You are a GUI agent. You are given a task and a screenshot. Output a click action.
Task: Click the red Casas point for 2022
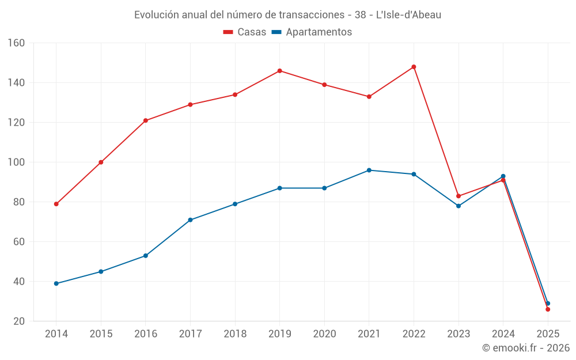(414, 67)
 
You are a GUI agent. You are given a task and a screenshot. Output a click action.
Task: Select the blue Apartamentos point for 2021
(369, 170)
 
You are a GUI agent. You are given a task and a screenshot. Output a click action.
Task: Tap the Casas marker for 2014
(56, 204)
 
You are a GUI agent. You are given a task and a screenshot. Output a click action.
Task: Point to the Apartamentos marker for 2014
(56, 283)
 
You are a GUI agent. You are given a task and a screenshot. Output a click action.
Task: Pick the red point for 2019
(280, 71)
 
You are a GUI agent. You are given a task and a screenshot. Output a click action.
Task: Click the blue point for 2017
(190, 220)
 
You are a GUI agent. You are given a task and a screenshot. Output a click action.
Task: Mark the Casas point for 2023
(458, 196)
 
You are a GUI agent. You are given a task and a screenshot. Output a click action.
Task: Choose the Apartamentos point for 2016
(146, 256)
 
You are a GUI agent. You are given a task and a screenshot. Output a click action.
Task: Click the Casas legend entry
(245, 32)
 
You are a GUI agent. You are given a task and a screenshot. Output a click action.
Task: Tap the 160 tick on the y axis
(17, 43)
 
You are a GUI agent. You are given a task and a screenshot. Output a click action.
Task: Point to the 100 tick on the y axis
(17, 162)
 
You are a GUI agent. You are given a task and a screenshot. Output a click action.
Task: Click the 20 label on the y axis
(19, 321)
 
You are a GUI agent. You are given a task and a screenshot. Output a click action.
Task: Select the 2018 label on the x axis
(235, 334)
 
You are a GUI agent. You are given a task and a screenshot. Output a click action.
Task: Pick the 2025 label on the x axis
(548, 334)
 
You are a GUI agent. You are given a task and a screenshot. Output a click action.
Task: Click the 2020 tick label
(324, 334)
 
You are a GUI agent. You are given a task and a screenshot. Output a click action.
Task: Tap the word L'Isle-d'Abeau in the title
(408, 15)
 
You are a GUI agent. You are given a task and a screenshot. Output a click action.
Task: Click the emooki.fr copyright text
(525, 348)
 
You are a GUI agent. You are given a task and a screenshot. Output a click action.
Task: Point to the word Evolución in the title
(156, 15)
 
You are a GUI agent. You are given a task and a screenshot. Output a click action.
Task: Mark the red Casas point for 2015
(101, 162)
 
